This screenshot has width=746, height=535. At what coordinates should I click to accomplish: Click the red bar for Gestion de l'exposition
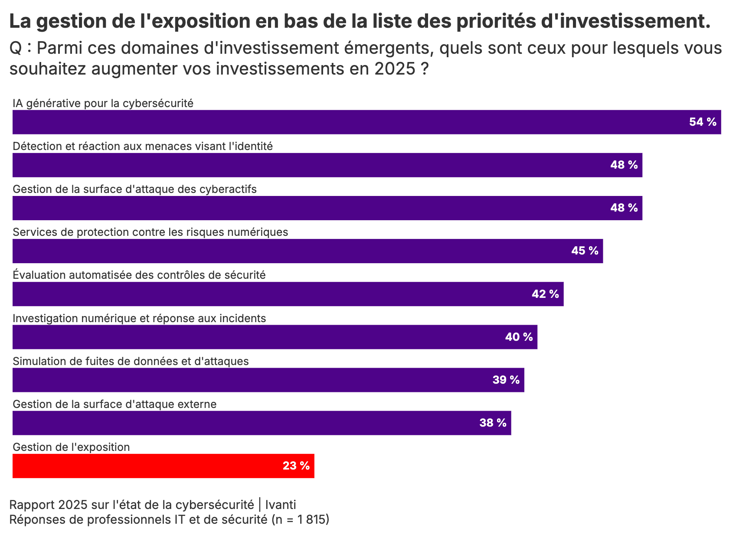(x=163, y=466)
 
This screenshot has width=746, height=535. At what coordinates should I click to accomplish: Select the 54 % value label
(x=703, y=122)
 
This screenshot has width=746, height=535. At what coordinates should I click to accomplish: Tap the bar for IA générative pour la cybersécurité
(x=347, y=122)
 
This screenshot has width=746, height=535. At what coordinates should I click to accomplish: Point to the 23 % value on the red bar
(x=296, y=466)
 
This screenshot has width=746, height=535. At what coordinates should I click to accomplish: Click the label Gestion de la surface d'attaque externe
(x=115, y=405)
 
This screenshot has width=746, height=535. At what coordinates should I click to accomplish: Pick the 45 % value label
(x=585, y=251)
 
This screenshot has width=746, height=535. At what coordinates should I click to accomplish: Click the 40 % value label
(x=519, y=337)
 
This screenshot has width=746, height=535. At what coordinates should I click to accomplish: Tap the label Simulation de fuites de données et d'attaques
(x=131, y=362)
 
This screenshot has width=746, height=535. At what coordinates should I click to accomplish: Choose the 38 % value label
(x=493, y=423)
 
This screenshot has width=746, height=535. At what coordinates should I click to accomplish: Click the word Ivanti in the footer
(x=281, y=505)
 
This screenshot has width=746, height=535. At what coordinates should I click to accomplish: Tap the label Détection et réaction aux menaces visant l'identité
(x=143, y=147)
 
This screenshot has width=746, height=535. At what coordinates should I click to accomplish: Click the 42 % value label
(x=545, y=294)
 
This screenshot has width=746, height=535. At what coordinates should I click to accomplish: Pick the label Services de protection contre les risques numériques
(x=151, y=232)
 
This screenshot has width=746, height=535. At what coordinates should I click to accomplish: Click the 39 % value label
(x=506, y=380)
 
